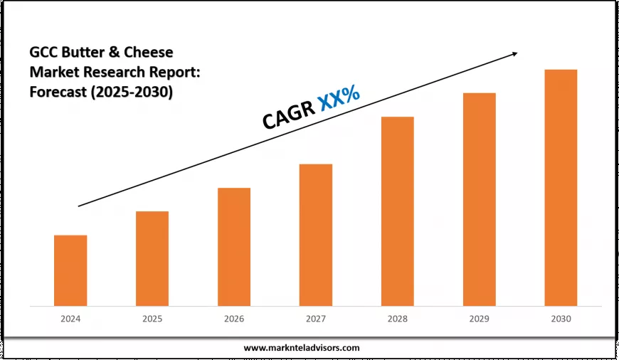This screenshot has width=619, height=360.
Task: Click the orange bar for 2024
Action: (x=70, y=270)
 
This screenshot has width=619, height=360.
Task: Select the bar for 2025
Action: (x=152, y=258)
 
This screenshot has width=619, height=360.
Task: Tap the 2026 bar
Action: (x=234, y=247)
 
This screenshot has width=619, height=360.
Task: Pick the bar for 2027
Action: (x=316, y=235)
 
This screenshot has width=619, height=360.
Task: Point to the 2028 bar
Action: (x=397, y=211)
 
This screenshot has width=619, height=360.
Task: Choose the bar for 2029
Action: (x=479, y=199)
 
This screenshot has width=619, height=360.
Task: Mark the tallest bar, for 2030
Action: (x=561, y=188)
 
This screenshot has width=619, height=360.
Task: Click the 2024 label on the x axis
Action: (x=70, y=319)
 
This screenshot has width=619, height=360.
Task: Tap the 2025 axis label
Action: (x=152, y=319)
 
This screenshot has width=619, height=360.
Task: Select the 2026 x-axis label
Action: (x=234, y=319)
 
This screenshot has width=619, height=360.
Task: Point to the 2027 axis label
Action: (x=316, y=319)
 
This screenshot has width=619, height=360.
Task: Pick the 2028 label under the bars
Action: (x=397, y=319)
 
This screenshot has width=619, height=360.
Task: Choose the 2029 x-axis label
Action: (x=479, y=319)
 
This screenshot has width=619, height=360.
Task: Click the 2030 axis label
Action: (x=561, y=319)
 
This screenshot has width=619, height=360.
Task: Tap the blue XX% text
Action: (x=339, y=98)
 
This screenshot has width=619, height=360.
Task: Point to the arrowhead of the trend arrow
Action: (x=514, y=53)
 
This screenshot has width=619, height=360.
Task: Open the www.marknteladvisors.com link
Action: (x=302, y=348)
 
